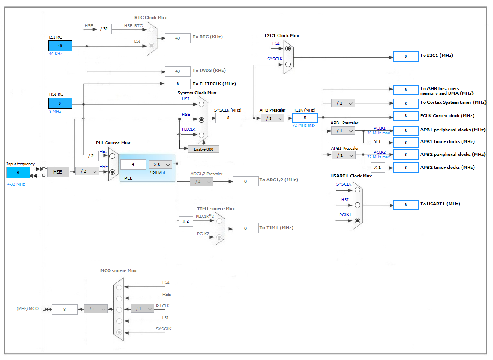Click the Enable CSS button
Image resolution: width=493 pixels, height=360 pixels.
[x=203, y=149]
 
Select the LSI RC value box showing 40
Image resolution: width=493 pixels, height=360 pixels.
[x=60, y=46]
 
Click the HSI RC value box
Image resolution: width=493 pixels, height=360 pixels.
[x=60, y=103]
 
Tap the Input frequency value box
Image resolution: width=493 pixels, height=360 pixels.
[x=18, y=172]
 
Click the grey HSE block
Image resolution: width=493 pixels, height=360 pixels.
[x=58, y=172]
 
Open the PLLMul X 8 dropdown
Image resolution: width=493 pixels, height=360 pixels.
[x=160, y=164]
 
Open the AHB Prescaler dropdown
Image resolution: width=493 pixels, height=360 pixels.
[x=272, y=118]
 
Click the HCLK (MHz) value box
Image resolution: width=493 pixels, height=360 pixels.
[x=305, y=118]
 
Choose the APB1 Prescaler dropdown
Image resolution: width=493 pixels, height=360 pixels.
[x=343, y=130]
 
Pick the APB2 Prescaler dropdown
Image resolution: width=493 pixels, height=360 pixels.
[x=343, y=155]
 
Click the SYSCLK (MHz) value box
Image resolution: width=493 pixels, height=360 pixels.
[x=228, y=118]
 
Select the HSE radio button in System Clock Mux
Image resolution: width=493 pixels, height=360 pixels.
[x=201, y=120]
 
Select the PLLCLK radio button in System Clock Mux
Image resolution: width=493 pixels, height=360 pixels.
[x=201, y=135]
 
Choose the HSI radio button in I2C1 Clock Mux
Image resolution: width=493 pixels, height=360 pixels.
[x=288, y=49]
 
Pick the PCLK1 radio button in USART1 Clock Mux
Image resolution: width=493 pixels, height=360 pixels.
[x=357, y=221]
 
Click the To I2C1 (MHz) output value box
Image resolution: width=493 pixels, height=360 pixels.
[x=406, y=56]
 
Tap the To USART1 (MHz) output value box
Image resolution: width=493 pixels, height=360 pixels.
[x=406, y=205]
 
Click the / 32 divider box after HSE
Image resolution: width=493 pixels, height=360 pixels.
[x=104, y=29]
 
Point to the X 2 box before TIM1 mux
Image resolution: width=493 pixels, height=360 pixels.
[x=186, y=221]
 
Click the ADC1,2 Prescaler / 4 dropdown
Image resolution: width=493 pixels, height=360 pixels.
[x=201, y=182]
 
